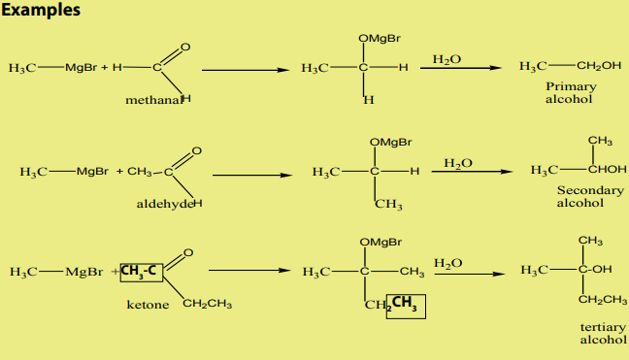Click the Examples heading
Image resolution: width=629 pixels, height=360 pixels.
click(x=41, y=10)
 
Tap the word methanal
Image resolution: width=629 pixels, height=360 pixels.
click(x=153, y=100)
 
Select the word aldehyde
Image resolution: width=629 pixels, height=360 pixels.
click(x=165, y=204)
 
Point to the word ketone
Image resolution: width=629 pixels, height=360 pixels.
click(x=148, y=305)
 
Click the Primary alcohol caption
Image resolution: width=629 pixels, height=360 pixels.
click(x=571, y=92)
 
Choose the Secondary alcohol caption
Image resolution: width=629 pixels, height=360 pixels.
click(x=590, y=196)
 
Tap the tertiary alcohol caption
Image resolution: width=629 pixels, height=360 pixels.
click(x=603, y=334)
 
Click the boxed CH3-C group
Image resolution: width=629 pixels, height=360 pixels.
click(x=141, y=273)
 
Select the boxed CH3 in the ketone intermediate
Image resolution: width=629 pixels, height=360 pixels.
click(x=406, y=307)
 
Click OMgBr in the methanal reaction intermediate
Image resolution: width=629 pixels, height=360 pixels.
click(x=380, y=39)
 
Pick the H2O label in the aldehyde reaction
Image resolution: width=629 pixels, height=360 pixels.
click(x=458, y=163)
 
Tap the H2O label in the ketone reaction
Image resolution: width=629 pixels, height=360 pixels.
click(x=448, y=263)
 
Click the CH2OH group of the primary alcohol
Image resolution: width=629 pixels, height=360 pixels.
click(x=599, y=66)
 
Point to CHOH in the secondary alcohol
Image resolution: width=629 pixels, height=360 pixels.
click(x=607, y=170)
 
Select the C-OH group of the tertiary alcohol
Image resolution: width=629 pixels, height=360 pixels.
click(x=595, y=269)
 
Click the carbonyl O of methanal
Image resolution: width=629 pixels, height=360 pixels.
click(x=185, y=48)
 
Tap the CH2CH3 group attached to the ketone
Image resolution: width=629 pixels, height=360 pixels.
click(x=207, y=304)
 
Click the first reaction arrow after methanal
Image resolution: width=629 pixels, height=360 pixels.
click(x=246, y=70)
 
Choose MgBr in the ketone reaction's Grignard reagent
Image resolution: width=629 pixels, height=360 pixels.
click(x=84, y=272)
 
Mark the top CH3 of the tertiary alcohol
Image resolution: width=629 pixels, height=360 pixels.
click(x=590, y=241)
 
